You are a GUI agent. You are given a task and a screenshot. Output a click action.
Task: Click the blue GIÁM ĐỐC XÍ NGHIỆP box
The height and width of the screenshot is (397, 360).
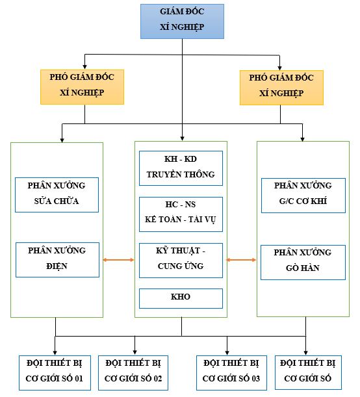(x=182, y=21)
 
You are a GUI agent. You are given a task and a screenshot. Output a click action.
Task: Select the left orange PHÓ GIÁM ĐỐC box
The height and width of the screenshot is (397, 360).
(x=83, y=87)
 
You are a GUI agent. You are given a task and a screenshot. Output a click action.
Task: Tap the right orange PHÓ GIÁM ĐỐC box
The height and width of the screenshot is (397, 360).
(x=281, y=88)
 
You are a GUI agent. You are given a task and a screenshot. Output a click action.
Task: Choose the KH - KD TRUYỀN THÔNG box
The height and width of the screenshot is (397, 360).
(x=181, y=168)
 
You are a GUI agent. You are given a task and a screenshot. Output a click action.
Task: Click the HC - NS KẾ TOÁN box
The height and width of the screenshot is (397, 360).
(x=181, y=214)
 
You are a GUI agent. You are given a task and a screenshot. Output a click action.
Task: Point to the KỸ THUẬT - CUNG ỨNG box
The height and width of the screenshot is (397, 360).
(x=181, y=261)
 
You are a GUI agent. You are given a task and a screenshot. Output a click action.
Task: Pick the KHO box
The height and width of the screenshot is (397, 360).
(x=181, y=298)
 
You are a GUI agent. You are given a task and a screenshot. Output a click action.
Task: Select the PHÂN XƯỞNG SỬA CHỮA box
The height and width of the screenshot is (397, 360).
(x=57, y=195)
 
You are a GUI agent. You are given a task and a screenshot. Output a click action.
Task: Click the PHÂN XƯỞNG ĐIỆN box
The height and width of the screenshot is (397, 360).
(x=57, y=260)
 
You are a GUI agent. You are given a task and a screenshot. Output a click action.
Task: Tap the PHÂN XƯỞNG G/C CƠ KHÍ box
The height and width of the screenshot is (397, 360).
(x=303, y=196)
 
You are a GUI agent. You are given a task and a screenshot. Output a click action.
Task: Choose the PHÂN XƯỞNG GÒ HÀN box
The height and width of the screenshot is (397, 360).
(x=303, y=263)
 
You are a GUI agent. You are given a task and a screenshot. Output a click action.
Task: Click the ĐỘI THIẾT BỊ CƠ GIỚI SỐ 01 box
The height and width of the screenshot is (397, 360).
(x=55, y=373)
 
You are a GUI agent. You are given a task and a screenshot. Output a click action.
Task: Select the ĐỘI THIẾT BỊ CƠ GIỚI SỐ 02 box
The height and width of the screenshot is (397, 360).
(x=133, y=373)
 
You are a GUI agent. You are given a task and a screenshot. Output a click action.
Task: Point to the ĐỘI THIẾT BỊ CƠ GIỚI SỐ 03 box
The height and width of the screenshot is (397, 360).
(x=231, y=373)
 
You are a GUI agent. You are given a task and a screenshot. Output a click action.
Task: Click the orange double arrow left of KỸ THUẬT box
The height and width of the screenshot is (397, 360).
(x=118, y=260)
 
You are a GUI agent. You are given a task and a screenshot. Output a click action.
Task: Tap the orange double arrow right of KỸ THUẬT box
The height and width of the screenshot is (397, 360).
(x=241, y=260)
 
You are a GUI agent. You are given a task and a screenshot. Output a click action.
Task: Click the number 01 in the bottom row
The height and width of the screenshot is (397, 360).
(x=79, y=379)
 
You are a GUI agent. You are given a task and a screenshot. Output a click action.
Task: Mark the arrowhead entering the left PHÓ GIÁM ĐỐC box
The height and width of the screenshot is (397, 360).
(x=85, y=66)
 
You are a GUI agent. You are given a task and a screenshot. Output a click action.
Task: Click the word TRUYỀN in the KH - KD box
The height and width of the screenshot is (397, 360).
(x=159, y=174)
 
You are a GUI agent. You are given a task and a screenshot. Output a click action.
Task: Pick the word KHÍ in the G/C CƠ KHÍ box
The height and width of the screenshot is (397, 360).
(x=318, y=201)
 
